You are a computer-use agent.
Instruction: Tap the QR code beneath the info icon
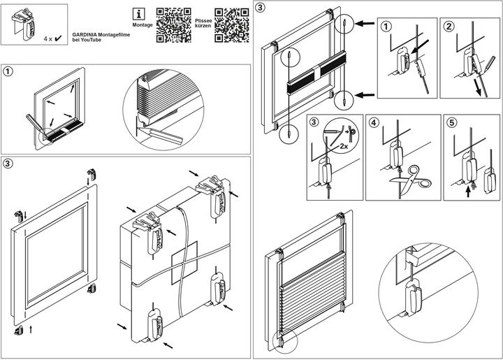(x=173, y=26)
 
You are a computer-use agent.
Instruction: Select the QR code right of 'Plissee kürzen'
(x=233, y=26)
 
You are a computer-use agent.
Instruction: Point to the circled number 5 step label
(x=452, y=122)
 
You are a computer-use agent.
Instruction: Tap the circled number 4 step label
(x=374, y=122)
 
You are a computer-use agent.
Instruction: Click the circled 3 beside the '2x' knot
(x=314, y=122)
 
